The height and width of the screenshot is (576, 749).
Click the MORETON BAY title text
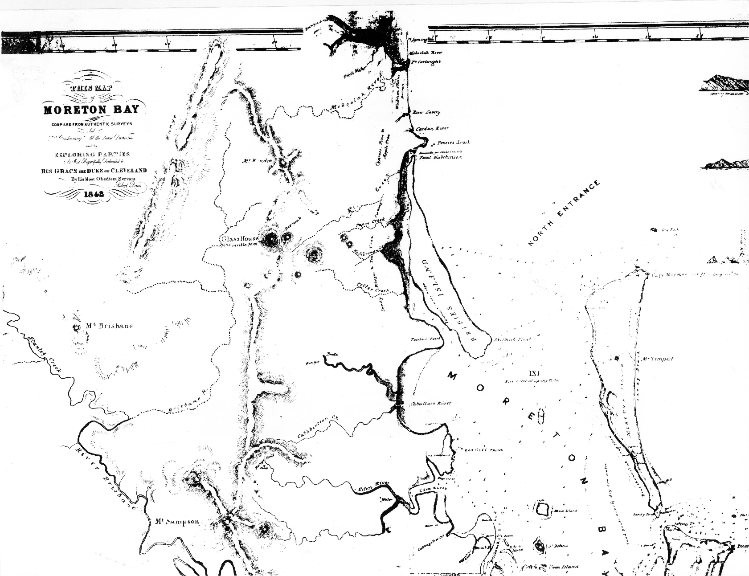(91, 110)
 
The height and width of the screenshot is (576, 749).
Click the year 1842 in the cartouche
(94, 194)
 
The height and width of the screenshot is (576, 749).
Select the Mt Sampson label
(177, 522)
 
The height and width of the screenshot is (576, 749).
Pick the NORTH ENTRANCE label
(564, 214)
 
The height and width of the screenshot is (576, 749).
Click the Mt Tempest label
(657, 359)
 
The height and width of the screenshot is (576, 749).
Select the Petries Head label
(453, 143)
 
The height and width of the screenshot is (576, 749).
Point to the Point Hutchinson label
(441, 157)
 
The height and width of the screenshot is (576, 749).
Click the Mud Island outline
(543, 508)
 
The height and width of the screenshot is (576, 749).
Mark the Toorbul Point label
(425, 339)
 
